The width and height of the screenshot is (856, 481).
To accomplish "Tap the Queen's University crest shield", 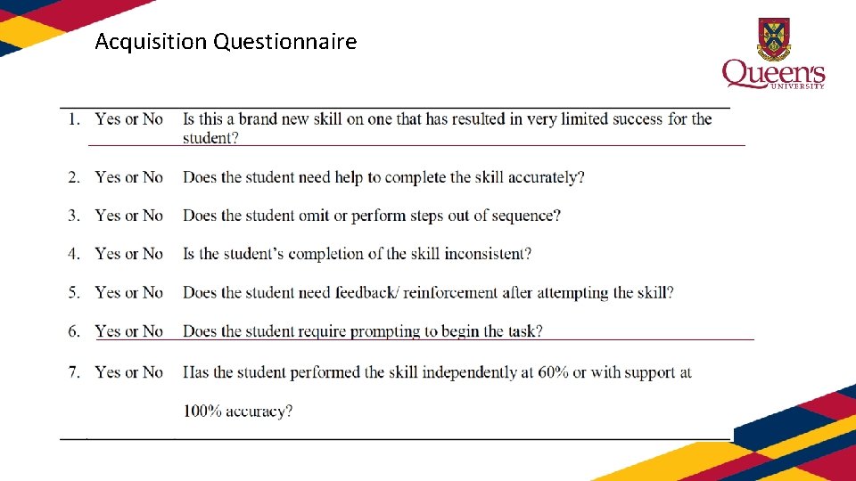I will (x=772, y=37).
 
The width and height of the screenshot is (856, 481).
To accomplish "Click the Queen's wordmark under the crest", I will (x=772, y=73).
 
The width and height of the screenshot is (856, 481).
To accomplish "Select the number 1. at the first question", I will (x=74, y=119).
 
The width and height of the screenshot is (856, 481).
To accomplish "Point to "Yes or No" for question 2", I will (x=129, y=177).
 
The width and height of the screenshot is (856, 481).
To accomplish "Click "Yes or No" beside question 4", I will (x=129, y=254).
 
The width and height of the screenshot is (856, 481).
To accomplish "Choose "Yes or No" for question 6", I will (x=129, y=331).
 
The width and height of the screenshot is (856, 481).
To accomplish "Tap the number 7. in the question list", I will (x=74, y=372).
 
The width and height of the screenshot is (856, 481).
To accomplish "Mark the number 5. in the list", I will (x=74, y=292).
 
